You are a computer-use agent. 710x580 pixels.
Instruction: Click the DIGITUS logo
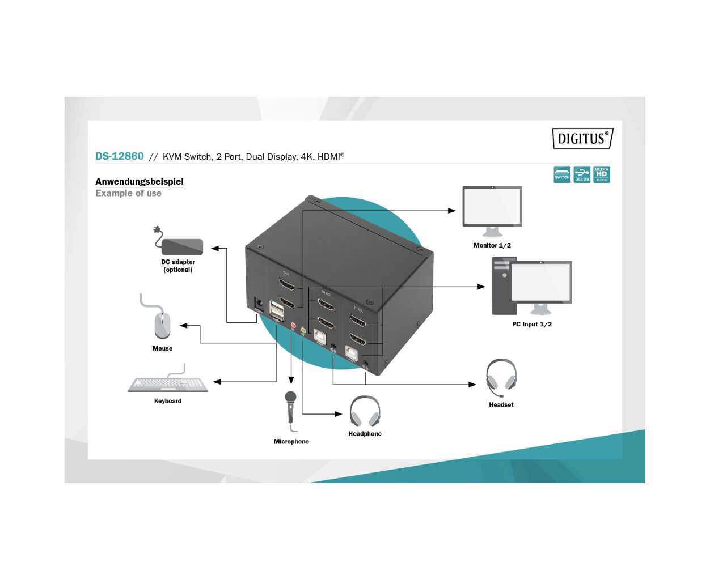(582, 139)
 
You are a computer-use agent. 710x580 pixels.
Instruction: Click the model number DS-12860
(120, 156)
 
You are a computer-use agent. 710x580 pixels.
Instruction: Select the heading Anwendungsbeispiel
(140, 182)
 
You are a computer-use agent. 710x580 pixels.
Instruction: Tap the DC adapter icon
(181, 246)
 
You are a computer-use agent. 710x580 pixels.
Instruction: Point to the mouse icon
(162, 325)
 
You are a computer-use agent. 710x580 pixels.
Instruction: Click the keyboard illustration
(168, 384)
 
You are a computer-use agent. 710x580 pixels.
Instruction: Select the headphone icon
(365, 412)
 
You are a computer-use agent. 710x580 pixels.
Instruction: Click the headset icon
(501, 377)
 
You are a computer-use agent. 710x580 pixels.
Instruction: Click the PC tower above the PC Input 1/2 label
(503, 287)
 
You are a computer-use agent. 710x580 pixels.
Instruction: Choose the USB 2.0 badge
(582, 174)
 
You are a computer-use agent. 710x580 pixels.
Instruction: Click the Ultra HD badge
(602, 174)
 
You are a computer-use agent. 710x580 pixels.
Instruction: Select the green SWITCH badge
(562, 174)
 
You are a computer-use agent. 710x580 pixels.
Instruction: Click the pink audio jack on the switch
(293, 326)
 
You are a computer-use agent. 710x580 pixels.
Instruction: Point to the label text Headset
(501, 405)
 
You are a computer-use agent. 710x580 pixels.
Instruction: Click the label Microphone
(291, 442)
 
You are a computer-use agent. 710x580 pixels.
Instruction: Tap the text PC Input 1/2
(532, 325)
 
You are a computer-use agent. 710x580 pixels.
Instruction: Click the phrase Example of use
(128, 194)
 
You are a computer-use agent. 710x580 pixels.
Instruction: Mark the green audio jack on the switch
(303, 330)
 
